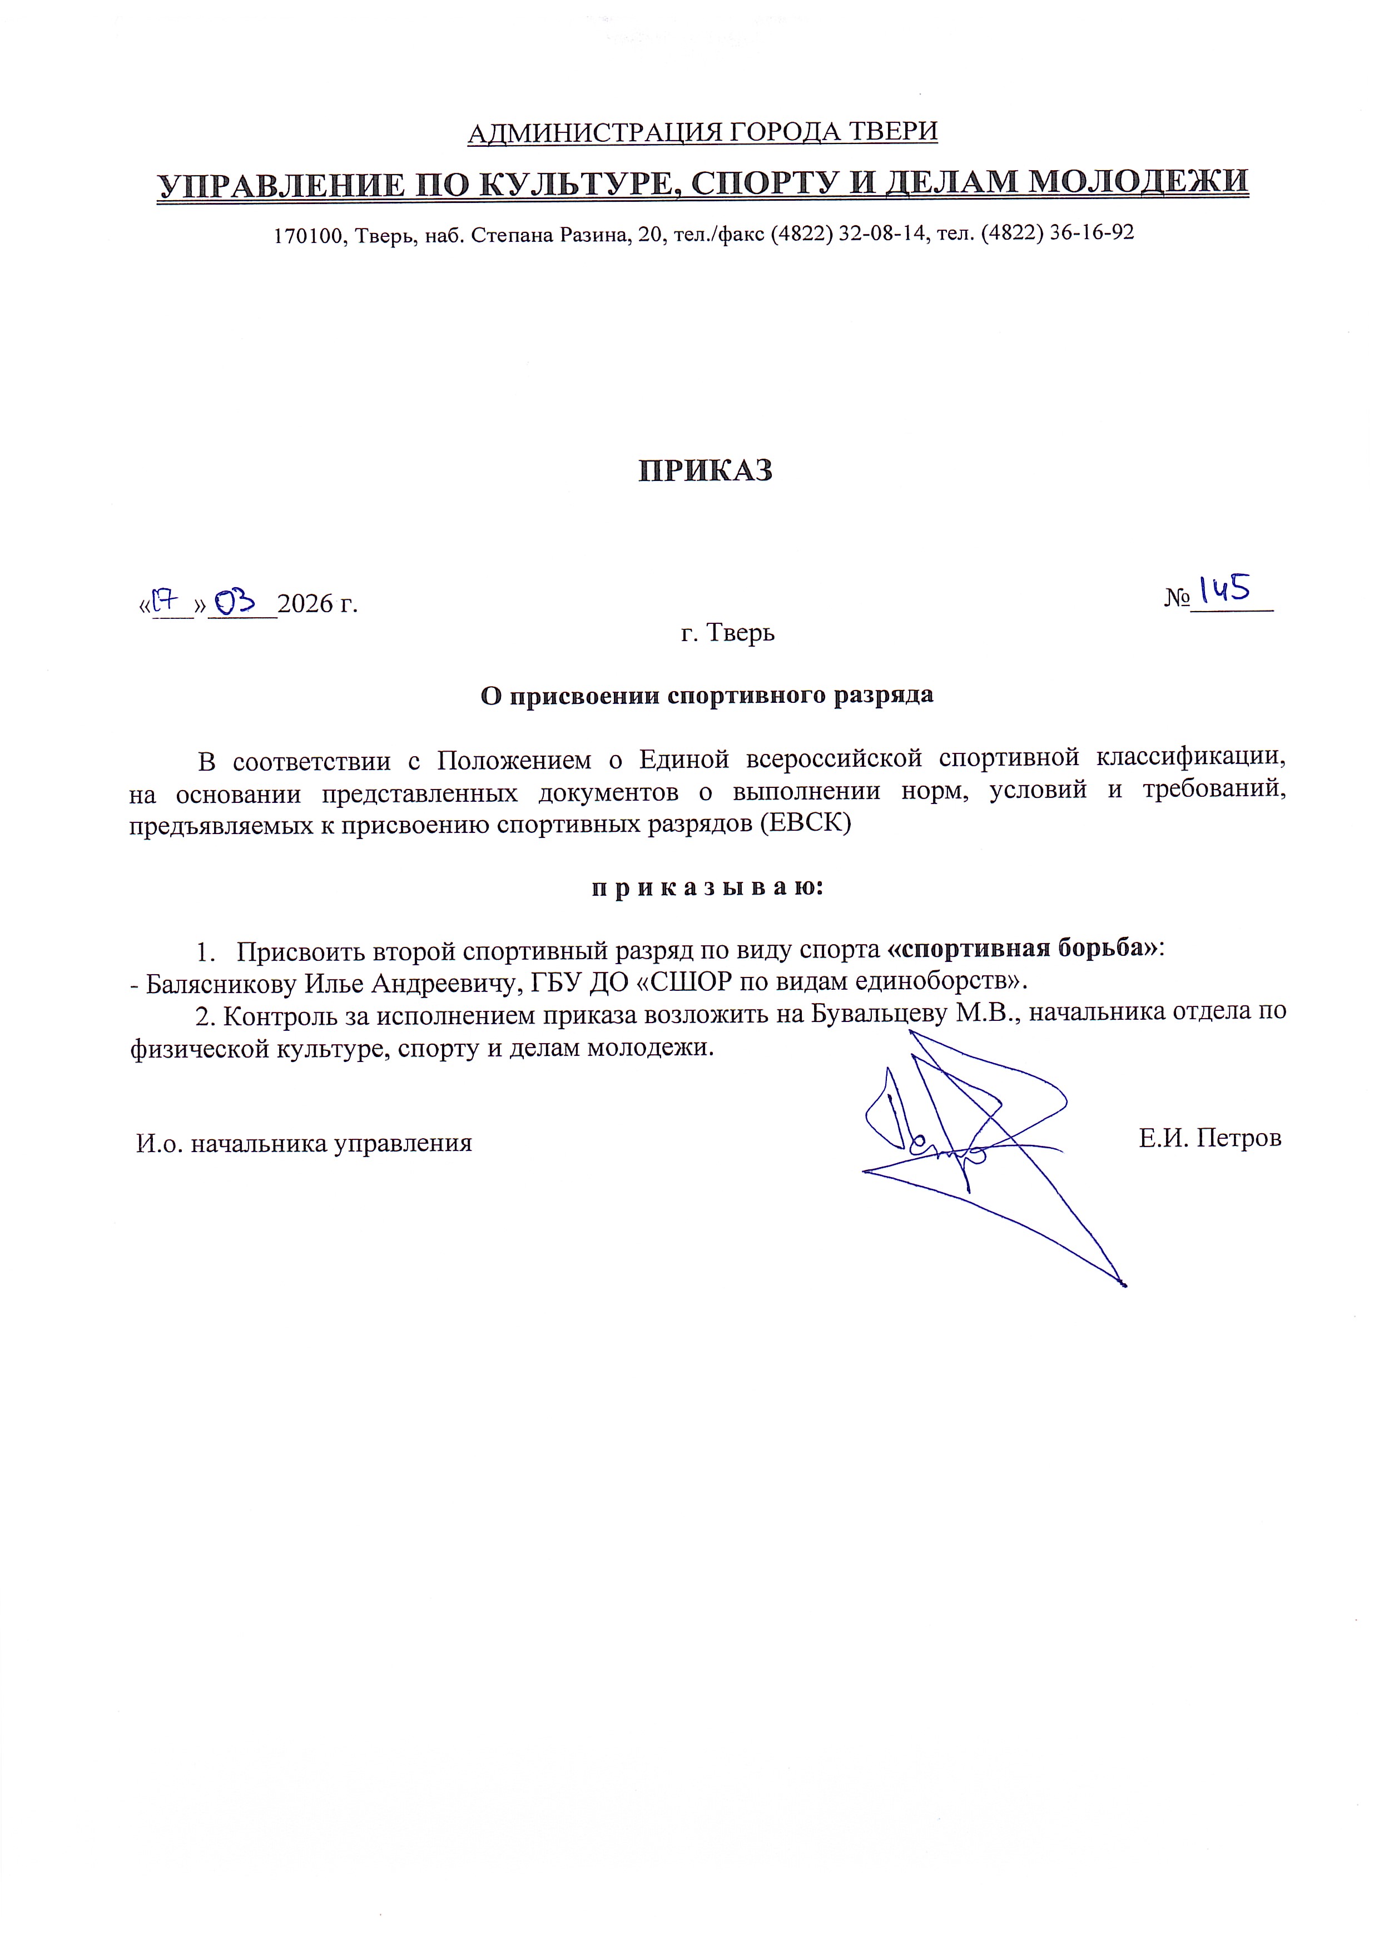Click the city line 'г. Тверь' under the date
click(728, 633)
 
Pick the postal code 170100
click(306, 235)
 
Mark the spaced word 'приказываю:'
click(707, 887)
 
